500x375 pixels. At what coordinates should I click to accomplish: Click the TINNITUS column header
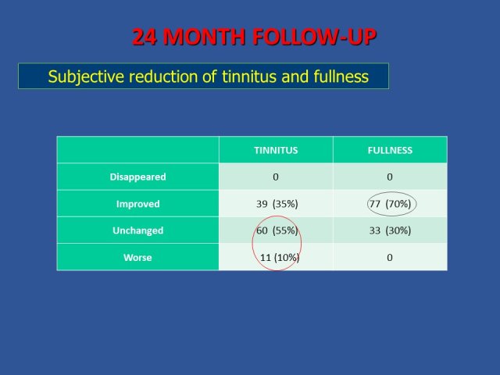point(276,150)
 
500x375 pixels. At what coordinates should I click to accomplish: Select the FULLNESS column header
point(390,150)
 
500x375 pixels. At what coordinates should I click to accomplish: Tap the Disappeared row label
point(137,177)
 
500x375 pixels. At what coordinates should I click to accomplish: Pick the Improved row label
point(137,204)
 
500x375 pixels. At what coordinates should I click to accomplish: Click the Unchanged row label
point(137,230)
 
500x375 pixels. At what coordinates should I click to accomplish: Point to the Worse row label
point(137,257)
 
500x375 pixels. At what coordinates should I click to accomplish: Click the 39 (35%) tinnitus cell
point(277,204)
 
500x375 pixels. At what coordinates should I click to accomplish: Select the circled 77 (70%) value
point(391,204)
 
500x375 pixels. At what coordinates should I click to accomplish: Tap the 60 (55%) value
point(277,230)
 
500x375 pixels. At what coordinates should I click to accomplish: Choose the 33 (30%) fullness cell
point(391,230)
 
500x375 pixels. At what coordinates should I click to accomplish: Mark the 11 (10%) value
point(280,257)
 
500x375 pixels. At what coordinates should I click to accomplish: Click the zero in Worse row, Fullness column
point(390,257)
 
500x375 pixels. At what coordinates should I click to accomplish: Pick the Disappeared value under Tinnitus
point(276,177)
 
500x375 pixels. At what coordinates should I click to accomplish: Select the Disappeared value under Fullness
point(390,177)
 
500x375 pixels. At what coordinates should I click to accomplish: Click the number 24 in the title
point(145,37)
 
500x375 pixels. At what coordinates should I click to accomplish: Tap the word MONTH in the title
point(204,37)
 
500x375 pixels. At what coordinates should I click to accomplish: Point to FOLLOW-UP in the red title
point(315,37)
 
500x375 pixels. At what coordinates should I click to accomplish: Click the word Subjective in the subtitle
point(86,77)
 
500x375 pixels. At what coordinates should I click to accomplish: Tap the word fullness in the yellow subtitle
point(341,77)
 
